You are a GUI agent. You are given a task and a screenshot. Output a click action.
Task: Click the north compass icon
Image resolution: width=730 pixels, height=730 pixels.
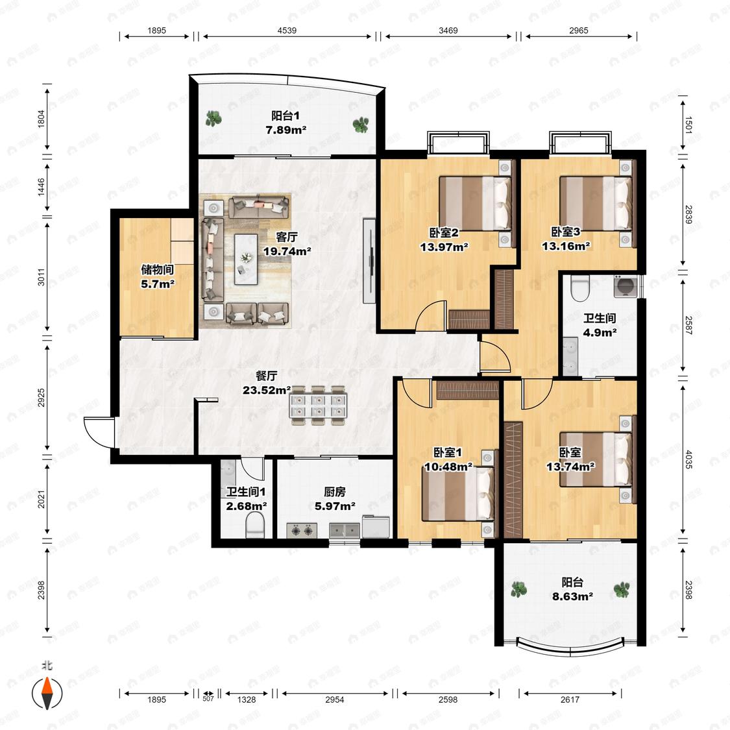(x=47, y=693)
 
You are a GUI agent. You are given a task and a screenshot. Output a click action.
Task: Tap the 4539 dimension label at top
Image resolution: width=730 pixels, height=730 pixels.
(x=287, y=30)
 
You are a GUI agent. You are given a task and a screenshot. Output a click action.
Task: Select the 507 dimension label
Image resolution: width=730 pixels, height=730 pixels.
(x=208, y=699)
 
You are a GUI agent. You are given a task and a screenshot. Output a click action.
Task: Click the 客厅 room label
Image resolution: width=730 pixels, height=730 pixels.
(x=287, y=237)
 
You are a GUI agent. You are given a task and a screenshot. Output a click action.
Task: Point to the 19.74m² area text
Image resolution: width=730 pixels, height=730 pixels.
(x=287, y=251)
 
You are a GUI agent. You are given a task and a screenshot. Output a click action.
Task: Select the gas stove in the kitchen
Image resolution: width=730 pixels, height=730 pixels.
(x=302, y=530)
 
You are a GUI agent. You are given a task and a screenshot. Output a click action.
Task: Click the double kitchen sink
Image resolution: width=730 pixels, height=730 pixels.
(x=345, y=530)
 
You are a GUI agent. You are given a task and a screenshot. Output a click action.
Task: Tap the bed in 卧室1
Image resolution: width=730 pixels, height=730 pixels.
(x=457, y=494)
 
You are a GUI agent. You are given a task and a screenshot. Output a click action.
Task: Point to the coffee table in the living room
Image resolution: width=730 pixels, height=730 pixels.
(x=246, y=259)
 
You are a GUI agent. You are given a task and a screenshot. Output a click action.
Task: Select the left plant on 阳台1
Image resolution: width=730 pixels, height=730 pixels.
(x=213, y=119)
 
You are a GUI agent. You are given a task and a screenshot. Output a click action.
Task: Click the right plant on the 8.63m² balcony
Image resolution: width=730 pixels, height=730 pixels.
(x=622, y=589)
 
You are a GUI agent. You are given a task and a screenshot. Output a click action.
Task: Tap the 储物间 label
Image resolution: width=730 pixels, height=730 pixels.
(x=158, y=269)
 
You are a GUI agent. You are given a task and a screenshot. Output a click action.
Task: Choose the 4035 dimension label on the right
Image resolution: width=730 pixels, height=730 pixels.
(x=688, y=459)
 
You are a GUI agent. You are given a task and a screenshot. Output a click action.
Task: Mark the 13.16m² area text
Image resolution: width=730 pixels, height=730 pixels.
(x=566, y=245)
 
